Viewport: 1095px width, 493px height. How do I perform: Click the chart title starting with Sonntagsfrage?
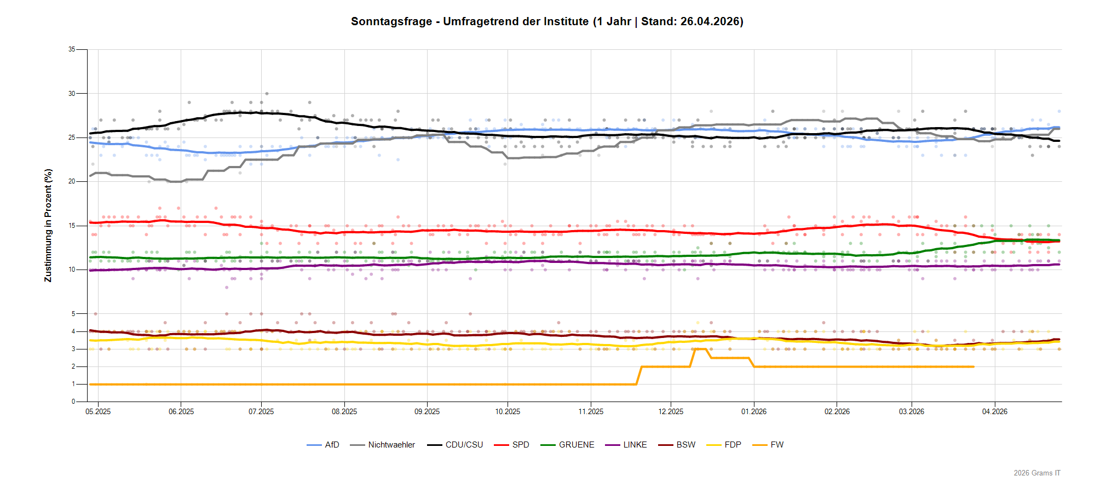pyautogui.click(x=547, y=21)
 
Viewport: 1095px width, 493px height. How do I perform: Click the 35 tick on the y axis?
pyautogui.click(x=72, y=49)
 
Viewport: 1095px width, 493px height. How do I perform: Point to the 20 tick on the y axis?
pyautogui.click(x=72, y=181)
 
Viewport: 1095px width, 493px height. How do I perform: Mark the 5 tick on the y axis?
pyautogui.click(x=73, y=314)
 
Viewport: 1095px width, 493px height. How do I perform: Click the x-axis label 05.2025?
pyautogui.click(x=98, y=411)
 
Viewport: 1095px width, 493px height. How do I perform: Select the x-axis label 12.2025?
pyautogui.click(x=671, y=411)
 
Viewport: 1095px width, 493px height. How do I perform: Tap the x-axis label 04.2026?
pyautogui.click(x=995, y=411)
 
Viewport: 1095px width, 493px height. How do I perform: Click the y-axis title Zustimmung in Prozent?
pyautogui.click(x=48, y=225)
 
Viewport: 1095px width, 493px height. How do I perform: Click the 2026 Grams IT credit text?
pyautogui.click(x=1037, y=473)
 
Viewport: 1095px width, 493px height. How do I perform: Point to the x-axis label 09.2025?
pyautogui.click(x=427, y=411)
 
